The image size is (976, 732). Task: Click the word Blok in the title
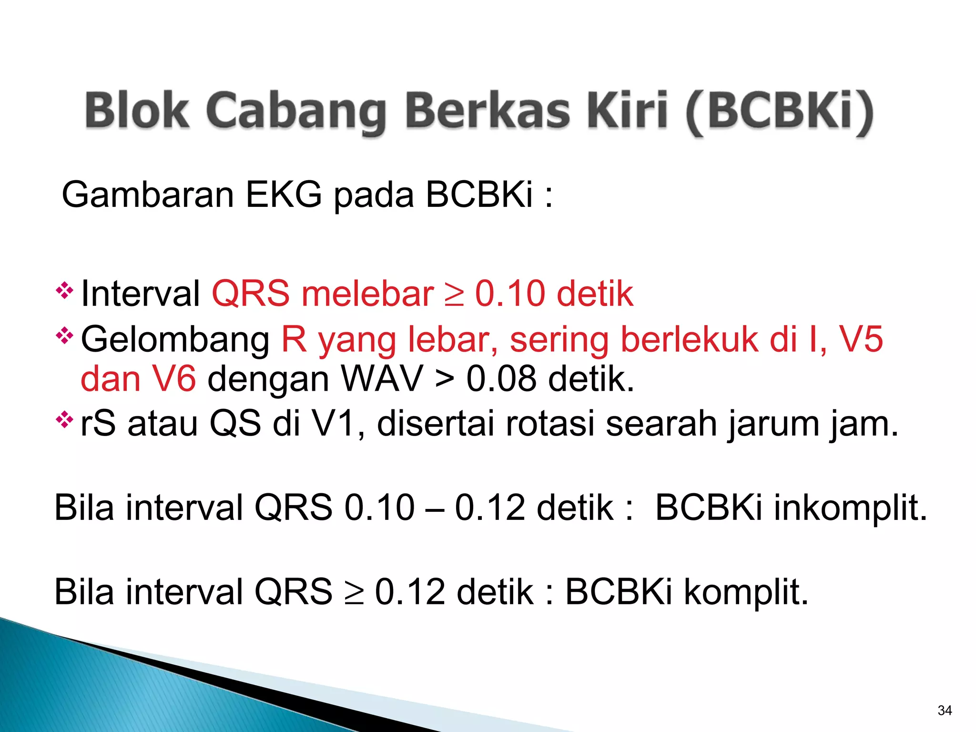(137, 111)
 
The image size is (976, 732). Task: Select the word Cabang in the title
(296, 112)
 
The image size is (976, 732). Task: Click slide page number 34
(945, 710)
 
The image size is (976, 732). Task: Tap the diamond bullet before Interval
(64, 290)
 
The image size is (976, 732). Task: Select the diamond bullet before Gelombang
(64, 336)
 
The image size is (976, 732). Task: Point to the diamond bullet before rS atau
(64, 420)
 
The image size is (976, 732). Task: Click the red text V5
(861, 339)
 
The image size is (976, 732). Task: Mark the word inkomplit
(850, 508)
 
